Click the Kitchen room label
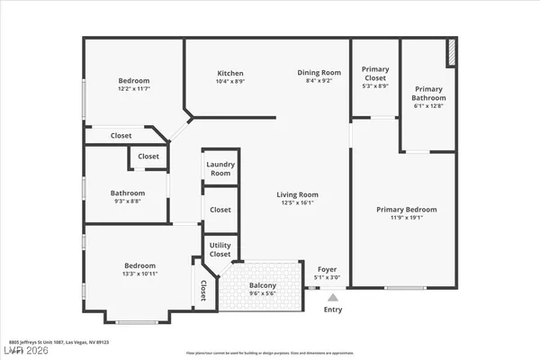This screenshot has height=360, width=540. pos(230,73)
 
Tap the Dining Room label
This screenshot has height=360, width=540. pos(319,73)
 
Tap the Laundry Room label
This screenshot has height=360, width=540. pos(220,167)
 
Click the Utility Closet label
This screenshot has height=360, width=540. pos(220,249)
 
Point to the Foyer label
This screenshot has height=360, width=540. pos(328,269)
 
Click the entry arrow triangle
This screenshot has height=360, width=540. pos(333,297)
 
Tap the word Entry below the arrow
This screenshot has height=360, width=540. pos(333,310)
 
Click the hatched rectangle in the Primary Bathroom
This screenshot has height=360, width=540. pos(452,53)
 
